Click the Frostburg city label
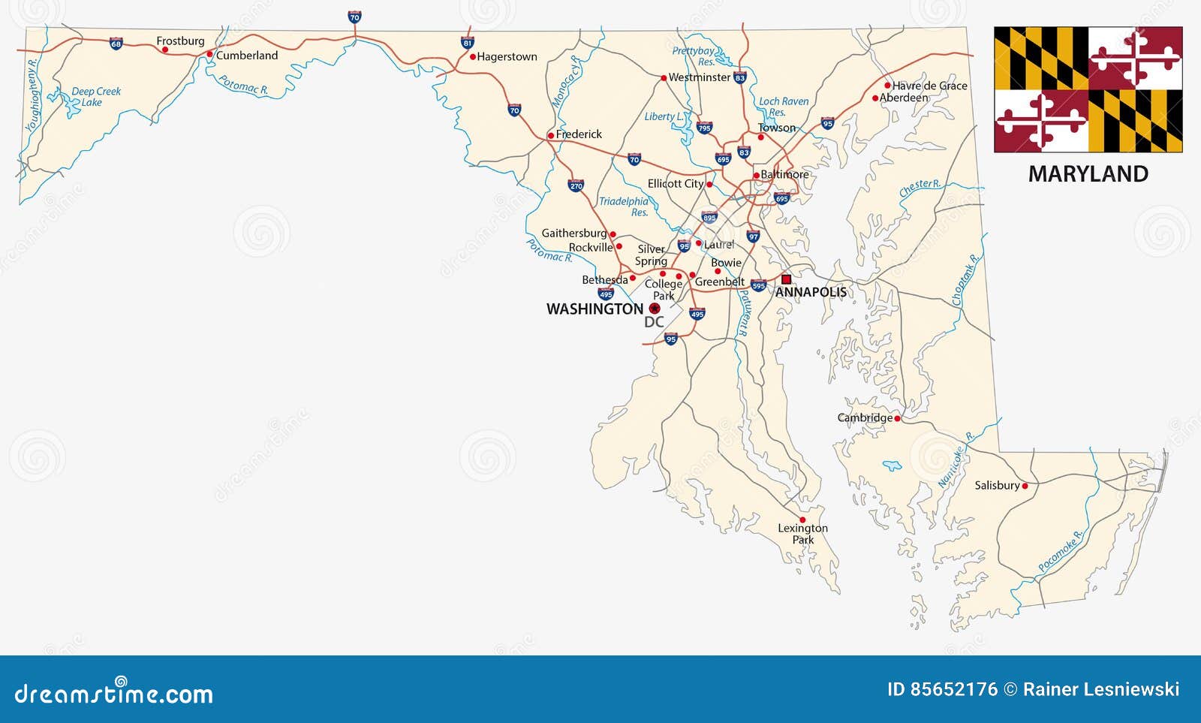pos(180,41)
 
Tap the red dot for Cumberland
pos(210,54)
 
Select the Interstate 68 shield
pos(116,44)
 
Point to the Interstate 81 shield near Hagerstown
pos(467,43)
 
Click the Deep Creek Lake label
pos(95,97)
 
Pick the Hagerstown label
pos(507,56)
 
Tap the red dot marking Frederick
pos(550,136)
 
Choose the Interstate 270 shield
pos(576,185)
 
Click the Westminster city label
pos(700,77)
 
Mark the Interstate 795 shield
pos(704,128)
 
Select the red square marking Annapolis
pos(786,279)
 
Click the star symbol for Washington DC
pos(655,309)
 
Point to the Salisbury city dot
pos(1025,486)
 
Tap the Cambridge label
pos(865,417)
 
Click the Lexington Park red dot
pos(802,520)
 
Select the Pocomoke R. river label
pos(1061,552)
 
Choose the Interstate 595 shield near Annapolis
pos(758,285)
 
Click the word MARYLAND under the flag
pos(1088,174)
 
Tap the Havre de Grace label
pos(930,86)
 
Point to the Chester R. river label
pos(920,188)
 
